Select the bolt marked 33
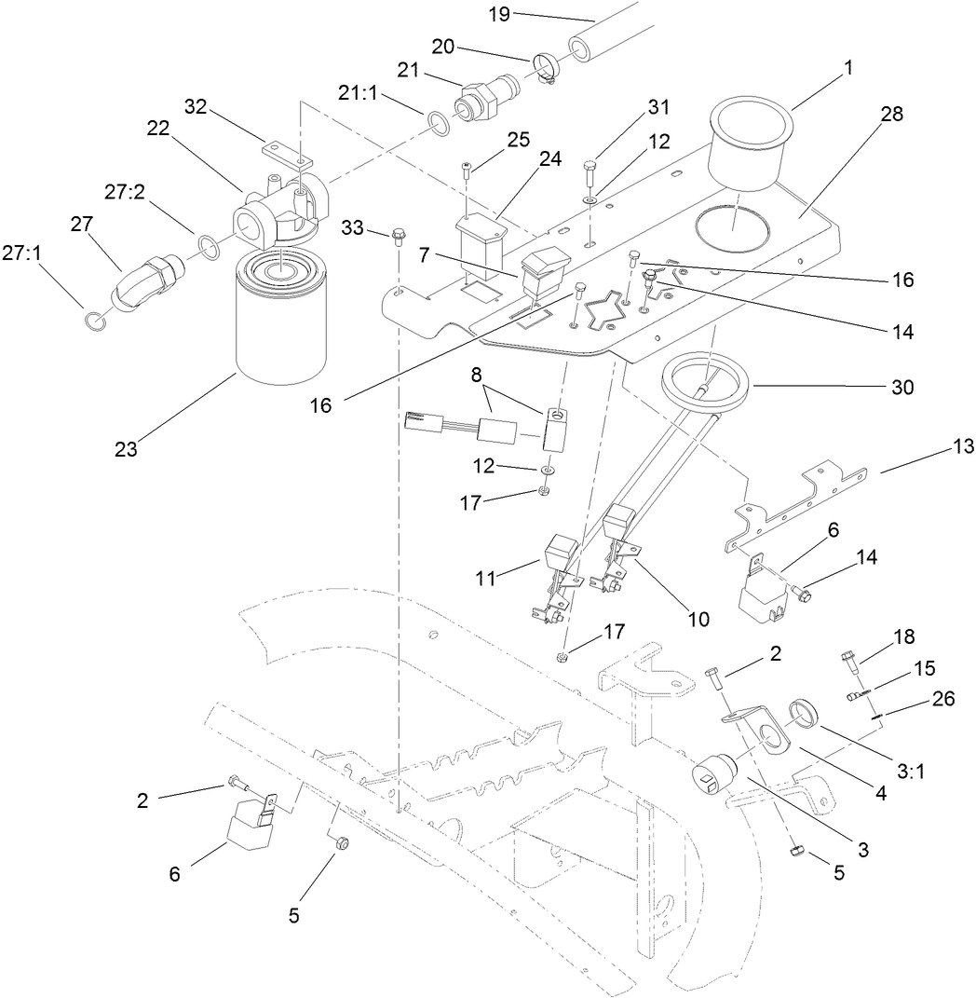pos(398,235)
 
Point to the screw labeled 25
pos(467,170)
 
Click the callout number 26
pos(942,699)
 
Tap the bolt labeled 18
pos(849,659)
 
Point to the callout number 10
pos(698,618)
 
